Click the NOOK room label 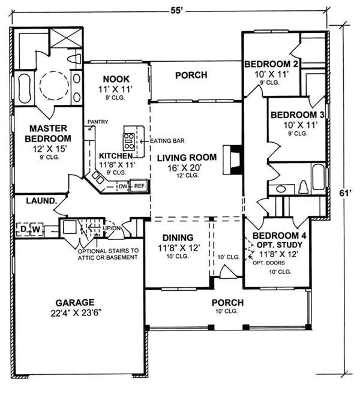(116, 78)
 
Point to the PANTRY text (98, 122)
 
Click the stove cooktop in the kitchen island (129, 140)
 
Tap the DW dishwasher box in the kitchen (123, 187)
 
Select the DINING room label (174, 237)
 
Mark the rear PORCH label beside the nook (191, 76)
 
